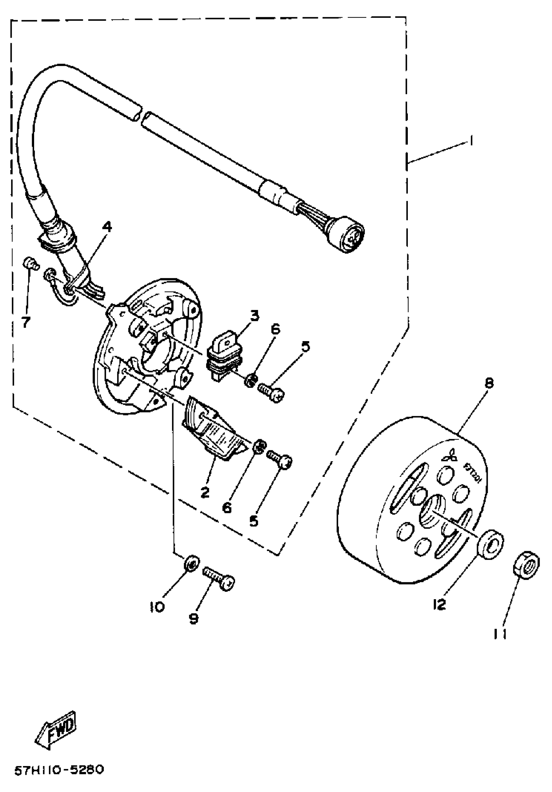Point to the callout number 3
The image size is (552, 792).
[x=254, y=316]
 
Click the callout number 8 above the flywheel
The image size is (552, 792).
[x=489, y=383]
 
